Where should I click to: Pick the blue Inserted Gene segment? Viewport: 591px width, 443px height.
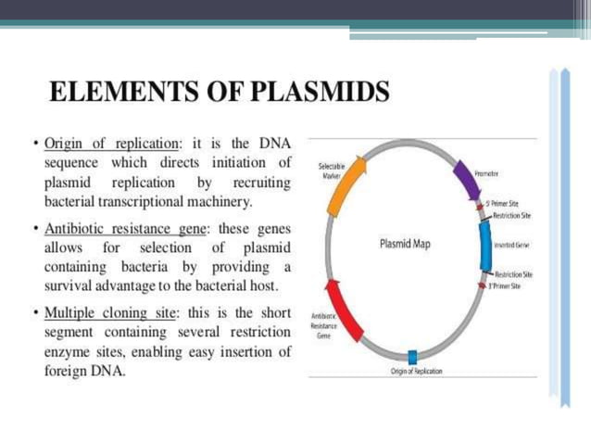485,247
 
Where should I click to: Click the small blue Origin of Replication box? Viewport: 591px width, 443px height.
412,357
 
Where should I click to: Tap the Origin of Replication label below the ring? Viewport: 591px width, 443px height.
416,371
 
